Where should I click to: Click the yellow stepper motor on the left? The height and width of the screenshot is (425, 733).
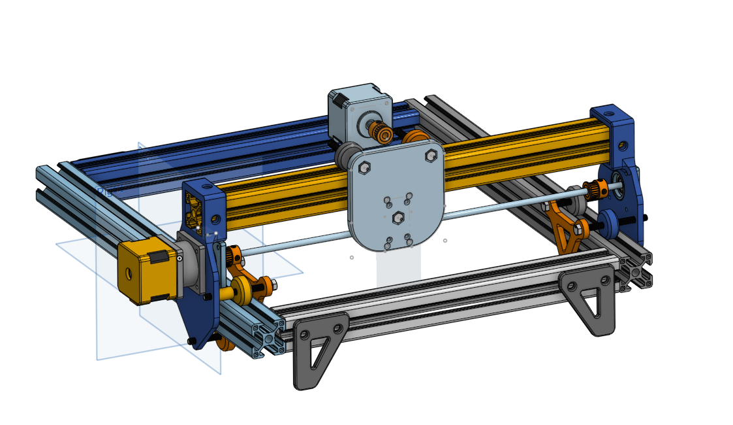pyautogui.click(x=140, y=269)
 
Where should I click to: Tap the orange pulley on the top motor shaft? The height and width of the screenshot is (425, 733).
pyautogui.click(x=382, y=133)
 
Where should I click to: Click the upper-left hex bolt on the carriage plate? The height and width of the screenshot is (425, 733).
pyautogui.click(x=365, y=168)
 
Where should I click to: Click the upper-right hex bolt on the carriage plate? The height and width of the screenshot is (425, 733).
pyautogui.click(x=431, y=156)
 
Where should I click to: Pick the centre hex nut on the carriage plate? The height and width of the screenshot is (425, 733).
pyautogui.click(x=398, y=217)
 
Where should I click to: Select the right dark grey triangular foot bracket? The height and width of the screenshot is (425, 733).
pyautogui.click(x=589, y=297)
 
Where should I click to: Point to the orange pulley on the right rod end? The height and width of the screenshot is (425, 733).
pyautogui.click(x=595, y=190)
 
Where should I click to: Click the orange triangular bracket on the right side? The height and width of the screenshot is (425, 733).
pyautogui.click(x=565, y=229)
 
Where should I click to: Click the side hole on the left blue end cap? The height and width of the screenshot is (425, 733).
pyautogui.click(x=215, y=219)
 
